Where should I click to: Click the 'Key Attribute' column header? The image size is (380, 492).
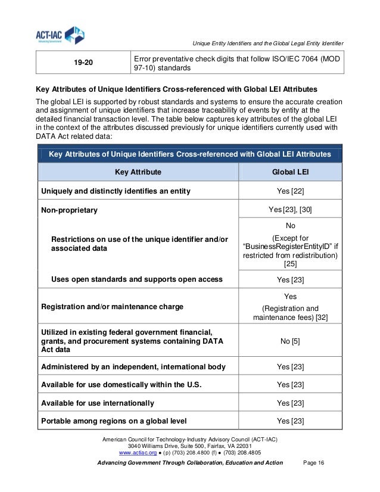pos(138,172)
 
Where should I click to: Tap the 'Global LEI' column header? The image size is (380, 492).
pos(290,172)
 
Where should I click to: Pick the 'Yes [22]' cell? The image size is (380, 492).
pos(290,191)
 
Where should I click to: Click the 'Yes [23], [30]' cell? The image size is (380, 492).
pos(290,210)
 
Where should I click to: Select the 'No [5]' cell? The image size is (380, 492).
pos(290,341)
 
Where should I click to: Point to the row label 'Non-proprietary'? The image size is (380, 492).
pos(69,210)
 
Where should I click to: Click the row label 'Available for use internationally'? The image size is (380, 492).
pos(98,403)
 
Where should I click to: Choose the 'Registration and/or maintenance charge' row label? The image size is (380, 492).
pos(112,307)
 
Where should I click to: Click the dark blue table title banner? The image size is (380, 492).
pos(189,154)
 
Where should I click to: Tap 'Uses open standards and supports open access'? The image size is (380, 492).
pos(137,279)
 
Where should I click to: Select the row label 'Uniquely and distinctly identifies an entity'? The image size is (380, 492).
pos(115,191)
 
